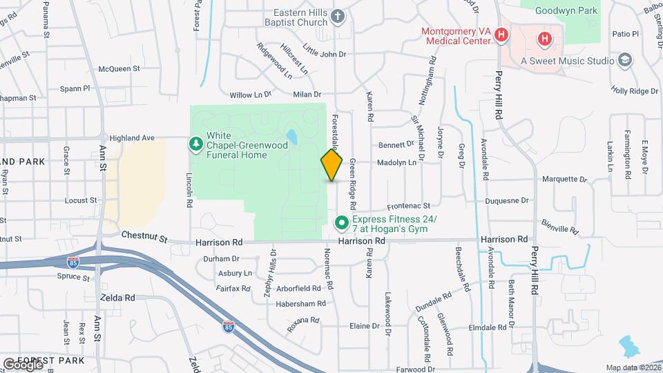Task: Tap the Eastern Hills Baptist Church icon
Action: (x=338, y=15)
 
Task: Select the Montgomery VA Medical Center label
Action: (x=457, y=36)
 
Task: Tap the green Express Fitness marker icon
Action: (x=341, y=222)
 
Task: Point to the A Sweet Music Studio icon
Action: (x=626, y=60)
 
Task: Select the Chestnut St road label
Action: (x=144, y=238)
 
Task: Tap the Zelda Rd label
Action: (x=117, y=298)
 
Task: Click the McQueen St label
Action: (x=119, y=69)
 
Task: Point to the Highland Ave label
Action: (x=128, y=137)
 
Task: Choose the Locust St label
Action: (x=80, y=200)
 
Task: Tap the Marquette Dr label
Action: (x=564, y=179)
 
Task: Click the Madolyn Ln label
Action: (x=396, y=163)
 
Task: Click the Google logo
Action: (x=23, y=365)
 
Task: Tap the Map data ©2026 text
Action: (x=632, y=367)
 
